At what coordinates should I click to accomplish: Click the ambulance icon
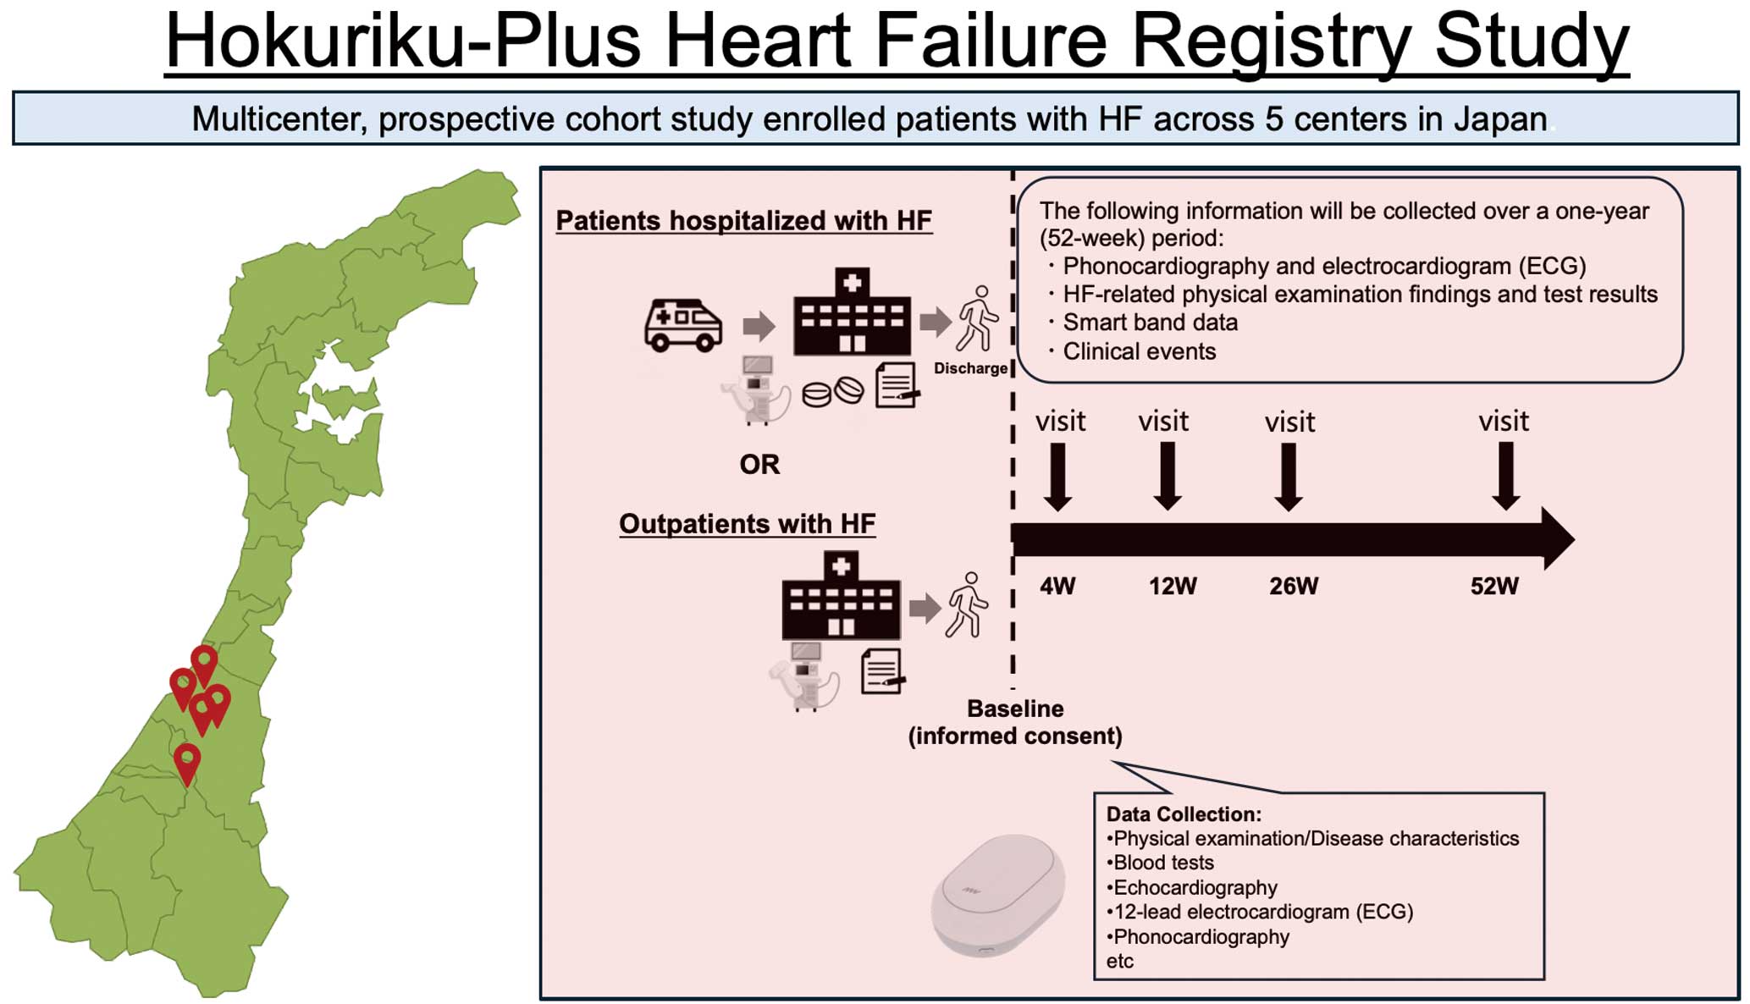[x=682, y=324]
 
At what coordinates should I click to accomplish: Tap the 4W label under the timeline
[x=1057, y=586]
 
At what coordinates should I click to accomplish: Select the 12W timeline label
[x=1173, y=586]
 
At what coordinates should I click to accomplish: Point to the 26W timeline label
[x=1293, y=586]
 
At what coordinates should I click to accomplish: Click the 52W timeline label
[x=1494, y=586]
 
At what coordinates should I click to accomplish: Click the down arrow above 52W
[x=1505, y=477]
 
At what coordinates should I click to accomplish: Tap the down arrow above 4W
[x=1057, y=477]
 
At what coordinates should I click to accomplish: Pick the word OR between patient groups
[x=759, y=464]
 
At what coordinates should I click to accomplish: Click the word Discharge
[x=970, y=368]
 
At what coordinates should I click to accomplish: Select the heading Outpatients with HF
[x=747, y=524]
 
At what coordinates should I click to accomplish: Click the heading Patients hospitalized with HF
[x=743, y=221]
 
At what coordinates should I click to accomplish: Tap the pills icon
[x=832, y=392]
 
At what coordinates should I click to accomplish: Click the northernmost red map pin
[x=204, y=663]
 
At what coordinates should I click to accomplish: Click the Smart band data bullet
[x=1150, y=323]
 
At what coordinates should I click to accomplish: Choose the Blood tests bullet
[x=1162, y=863]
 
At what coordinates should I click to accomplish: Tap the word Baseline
[x=1015, y=709]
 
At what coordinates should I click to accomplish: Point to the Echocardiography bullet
[x=1195, y=887]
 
